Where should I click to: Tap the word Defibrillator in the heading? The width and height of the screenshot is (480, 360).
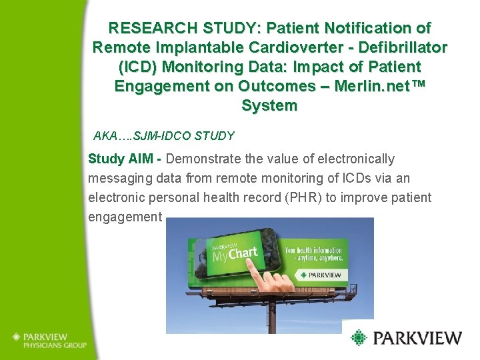403,48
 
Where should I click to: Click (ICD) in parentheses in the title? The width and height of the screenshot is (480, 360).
139,67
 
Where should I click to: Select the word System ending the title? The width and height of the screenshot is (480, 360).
269,106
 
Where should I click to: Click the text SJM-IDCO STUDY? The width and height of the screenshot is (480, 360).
184,136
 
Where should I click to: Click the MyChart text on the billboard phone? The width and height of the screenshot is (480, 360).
234,254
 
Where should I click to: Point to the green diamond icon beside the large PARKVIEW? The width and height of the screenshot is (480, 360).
359,338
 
